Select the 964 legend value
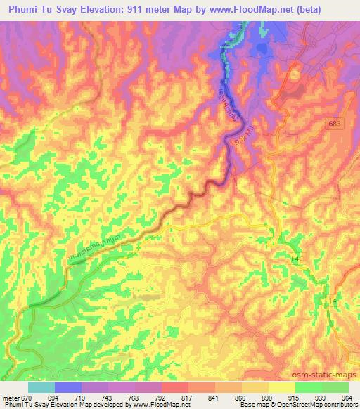[346, 397]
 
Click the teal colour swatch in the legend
[41, 387]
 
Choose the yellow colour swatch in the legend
[281, 387]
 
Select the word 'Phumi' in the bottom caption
[11, 405]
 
